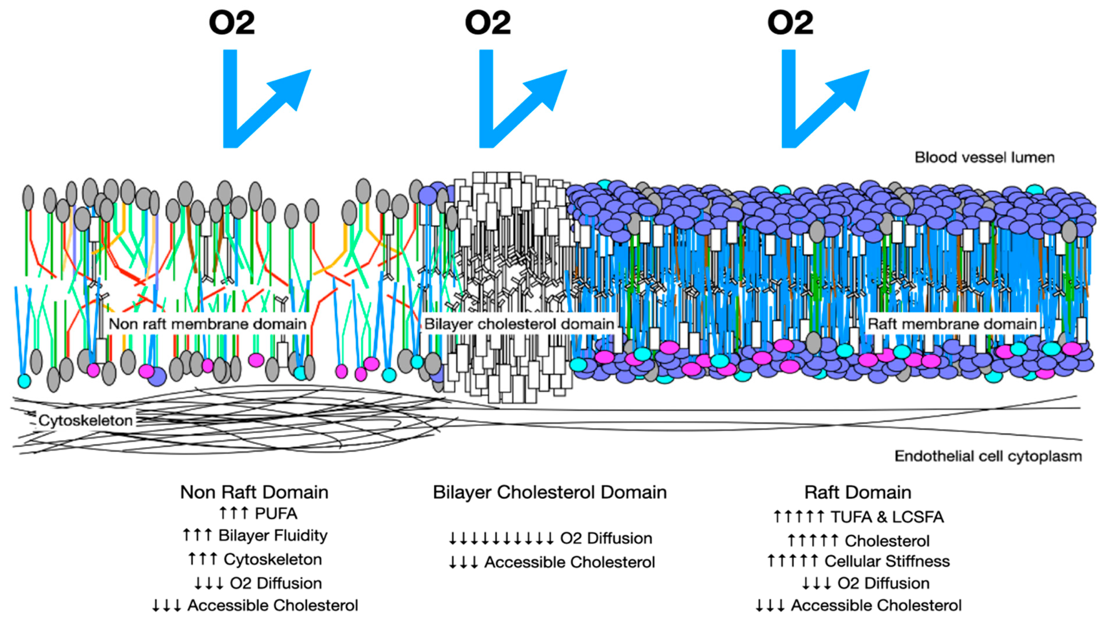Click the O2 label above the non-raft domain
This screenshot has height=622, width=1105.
click(x=232, y=23)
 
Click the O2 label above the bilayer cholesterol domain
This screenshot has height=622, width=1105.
click(x=488, y=23)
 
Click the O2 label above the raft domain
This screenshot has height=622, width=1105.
click(x=790, y=23)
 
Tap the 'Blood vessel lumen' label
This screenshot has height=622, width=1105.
click(x=984, y=157)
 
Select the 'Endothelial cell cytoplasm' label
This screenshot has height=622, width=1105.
click(x=988, y=456)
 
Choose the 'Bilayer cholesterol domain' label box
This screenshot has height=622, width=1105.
click(x=519, y=324)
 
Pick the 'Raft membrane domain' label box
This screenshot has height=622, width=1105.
click(x=952, y=324)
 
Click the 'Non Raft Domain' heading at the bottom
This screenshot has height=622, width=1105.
click(x=254, y=492)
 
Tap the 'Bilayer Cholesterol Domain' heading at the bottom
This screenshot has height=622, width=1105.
click(x=549, y=492)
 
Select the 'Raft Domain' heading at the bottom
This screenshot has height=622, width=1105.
click(x=857, y=492)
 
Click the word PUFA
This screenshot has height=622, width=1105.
click(x=276, y=513)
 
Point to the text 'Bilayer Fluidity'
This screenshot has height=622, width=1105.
click(x=273, y=535)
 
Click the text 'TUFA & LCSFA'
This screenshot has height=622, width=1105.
click(x=887, y=517)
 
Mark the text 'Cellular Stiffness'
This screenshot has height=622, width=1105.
click(x=887, y=561)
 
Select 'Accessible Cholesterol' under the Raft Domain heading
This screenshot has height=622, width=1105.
click(x=876, y=605)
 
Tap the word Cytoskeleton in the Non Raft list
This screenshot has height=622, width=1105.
click(x=273, y=559)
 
